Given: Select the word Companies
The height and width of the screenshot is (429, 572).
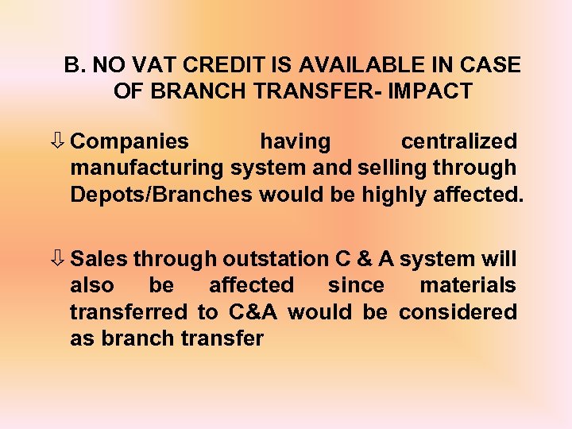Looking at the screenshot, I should click(x=129, y=142).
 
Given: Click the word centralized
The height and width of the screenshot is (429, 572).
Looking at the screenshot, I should click(x=458, y=142).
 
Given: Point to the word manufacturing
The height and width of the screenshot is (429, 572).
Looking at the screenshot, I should click(x=147, y=168).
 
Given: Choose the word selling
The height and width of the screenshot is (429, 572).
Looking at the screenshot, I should click(x=388, y=168).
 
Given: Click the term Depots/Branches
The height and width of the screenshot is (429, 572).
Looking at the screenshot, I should click(x=161, y=195).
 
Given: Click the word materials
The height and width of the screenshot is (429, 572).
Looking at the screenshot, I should click(x=468, y=285).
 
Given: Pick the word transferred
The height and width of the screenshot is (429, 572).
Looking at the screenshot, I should click(x=127, y=311).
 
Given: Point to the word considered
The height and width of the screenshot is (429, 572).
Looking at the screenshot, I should click(x=458, y=311).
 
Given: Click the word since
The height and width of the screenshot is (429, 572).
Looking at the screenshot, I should click(x=356, y=285).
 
